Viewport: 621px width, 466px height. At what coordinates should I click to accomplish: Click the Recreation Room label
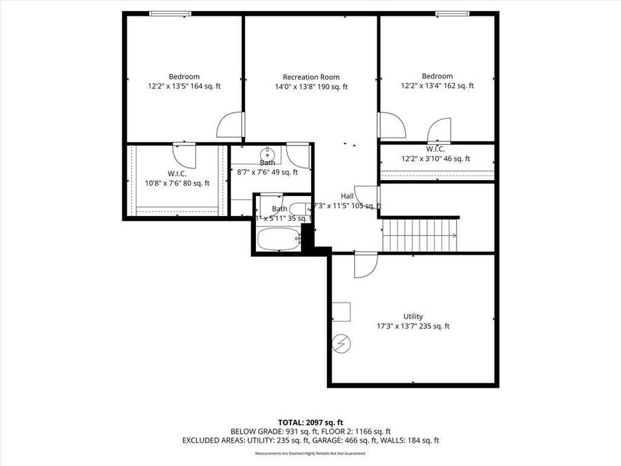(x=310, y=77)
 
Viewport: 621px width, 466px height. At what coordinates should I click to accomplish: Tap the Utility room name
(x=413, y=316)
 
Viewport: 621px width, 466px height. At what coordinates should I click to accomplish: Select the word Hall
(x=347, y=196)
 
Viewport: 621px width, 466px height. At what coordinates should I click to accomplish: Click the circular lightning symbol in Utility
(x=342, y=342)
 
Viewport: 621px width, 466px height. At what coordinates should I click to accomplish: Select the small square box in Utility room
(x=341, y=311)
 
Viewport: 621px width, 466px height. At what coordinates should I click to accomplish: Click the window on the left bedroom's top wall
(x=170, y=13)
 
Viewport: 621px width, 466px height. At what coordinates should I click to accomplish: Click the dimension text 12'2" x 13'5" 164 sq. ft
(x=184, y=86)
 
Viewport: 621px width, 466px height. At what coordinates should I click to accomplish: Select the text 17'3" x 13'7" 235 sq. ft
(x=413, y=326)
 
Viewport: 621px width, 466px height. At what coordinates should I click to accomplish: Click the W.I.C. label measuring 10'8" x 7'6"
(x=177, y=173)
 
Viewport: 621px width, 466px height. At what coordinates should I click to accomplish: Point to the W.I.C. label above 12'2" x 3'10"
(x=435, y=148)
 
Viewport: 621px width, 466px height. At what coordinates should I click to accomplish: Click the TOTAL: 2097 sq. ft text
(x=310, y=422)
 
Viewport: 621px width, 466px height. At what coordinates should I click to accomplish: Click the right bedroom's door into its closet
(x=438, y=130)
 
